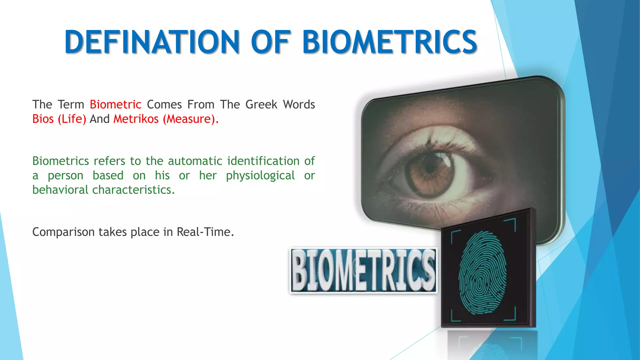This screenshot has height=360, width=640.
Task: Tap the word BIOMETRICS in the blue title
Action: click(x=389, y=42)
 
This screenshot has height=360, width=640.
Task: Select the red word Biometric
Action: click(x=115, y=104)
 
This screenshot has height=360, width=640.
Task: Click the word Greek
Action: click(x=261, y=104)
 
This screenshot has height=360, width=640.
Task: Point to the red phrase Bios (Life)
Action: click(x=59, y=119)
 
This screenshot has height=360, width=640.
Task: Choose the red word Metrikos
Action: click(x=136, y=119)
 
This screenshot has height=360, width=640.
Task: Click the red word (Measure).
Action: click(x=190, y=119)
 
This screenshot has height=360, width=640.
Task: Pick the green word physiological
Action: click(x=260, y=176)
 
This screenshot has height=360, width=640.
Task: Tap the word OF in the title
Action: click(x=271, y=42)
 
